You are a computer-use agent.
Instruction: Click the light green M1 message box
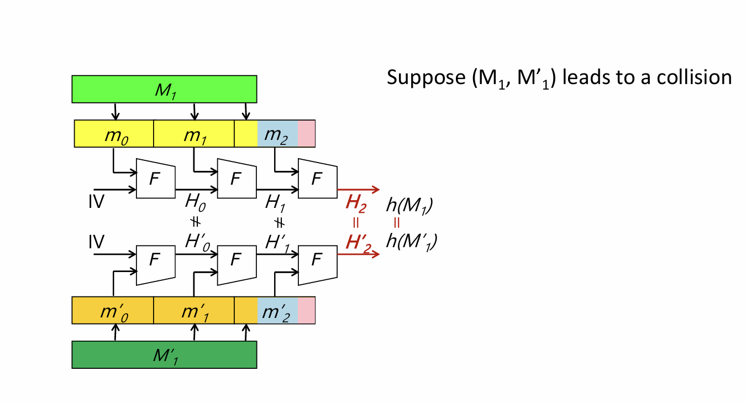164,89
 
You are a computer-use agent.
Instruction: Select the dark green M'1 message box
164,354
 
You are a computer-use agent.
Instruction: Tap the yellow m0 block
113,133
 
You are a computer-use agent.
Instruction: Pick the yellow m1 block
193,133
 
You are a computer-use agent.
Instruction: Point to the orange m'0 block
113,311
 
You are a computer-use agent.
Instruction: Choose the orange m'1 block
193,311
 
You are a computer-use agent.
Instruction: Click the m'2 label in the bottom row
276,311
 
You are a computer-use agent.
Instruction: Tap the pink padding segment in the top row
307,133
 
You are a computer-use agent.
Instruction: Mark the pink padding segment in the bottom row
307,311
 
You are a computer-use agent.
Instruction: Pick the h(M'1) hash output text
409,242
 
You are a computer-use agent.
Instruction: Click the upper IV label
96,202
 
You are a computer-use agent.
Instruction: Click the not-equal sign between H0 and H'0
195,222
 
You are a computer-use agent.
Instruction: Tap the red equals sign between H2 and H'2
356,223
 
